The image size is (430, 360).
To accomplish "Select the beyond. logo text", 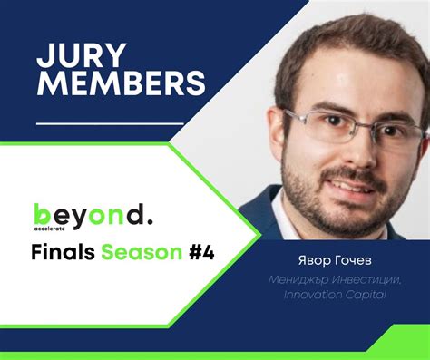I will [93, 215].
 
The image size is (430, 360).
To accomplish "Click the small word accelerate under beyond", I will [52, 230].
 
